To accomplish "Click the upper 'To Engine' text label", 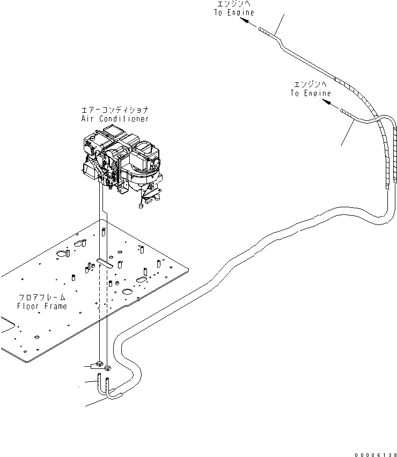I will point(234,12).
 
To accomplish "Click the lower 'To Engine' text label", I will point(311,93).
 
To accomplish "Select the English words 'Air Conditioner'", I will point(114,119).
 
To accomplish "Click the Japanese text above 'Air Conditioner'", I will point(114,110).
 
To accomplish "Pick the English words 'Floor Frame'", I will point(42,306).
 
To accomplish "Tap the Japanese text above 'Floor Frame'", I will point(42,297).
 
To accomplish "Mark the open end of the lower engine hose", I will point(342,111).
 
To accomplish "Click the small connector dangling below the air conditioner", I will point(141,204).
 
